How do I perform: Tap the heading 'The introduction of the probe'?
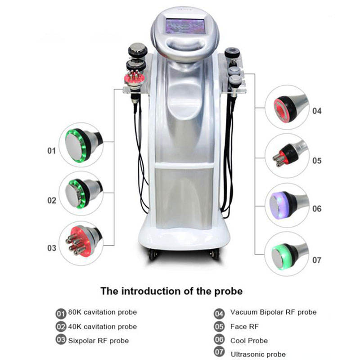pos(171,291)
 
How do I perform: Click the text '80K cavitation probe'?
pos(102,312)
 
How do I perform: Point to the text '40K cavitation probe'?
pos(102,326)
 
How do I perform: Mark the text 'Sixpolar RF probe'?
pos(98,341)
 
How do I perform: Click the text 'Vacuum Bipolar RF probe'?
pos(273,312)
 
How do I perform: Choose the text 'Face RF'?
pos(244,326)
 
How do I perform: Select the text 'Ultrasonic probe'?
pos(258,355)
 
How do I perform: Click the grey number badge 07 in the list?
pos(219,354)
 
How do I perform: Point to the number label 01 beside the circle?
pos(52,150)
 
